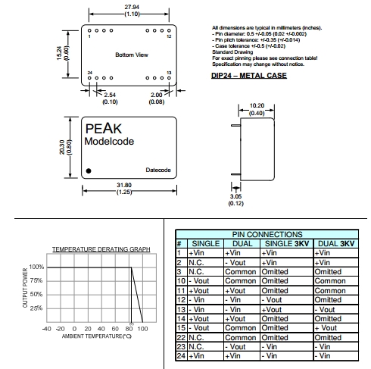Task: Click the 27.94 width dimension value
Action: pos(132,7)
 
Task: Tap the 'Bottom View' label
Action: pos(132,55)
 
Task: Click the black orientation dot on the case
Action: pos(89,171)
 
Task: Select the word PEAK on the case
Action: pos(104,129)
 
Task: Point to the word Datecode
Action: pos(158,170)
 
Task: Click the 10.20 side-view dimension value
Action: pos(257,105)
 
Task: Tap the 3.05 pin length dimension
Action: pos(235,196)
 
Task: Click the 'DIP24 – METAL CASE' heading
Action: pos(249,76)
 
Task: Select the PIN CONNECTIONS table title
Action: pos(267,234)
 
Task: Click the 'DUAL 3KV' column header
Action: pos(336,244)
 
